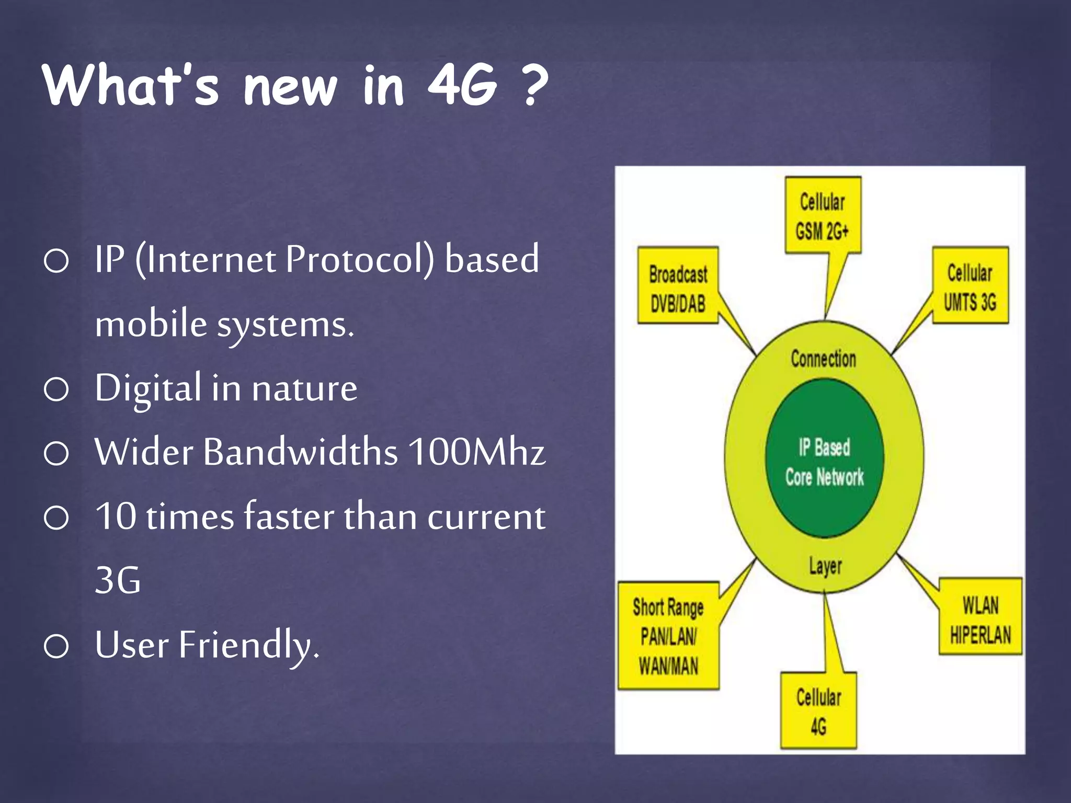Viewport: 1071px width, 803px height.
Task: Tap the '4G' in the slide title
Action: coord(461,85)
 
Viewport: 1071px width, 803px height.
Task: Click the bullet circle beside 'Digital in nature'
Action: coord(56,389)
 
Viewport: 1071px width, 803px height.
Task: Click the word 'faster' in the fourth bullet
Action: coord(289,517)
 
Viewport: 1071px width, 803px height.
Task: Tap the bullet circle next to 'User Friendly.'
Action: coord(56,646)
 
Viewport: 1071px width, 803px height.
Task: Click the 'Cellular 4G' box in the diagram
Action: coord(818,711)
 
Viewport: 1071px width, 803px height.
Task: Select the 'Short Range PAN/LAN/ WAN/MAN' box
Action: coord(668,636)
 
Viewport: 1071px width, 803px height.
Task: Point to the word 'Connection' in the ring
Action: coord(823,359)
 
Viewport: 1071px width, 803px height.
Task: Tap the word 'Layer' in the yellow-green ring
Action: coord(825,566)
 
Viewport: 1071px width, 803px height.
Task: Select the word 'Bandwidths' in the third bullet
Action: coord(301,452)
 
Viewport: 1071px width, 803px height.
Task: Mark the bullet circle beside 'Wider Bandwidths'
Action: coord(56,453)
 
